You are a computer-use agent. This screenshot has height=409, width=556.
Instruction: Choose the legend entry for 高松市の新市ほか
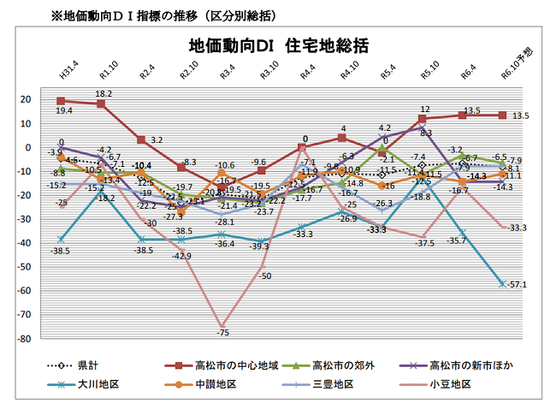(479, 365)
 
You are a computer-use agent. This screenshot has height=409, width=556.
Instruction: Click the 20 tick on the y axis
(36, 99)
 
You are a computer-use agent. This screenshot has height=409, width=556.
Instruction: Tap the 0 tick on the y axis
(38, 147)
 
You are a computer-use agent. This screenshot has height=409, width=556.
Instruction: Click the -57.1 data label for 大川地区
(520, 284)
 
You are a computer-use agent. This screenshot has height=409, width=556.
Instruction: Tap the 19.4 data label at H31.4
(64, 111)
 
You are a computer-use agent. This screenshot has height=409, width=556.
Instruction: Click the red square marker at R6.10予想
(503, 115)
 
